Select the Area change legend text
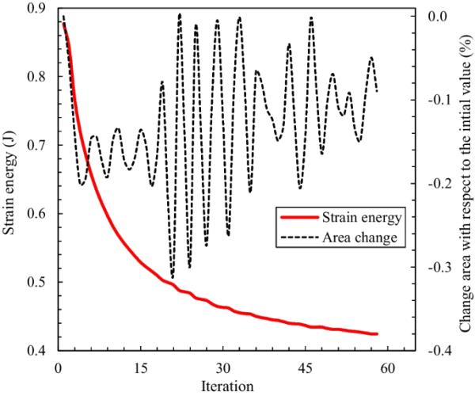click(x=348, y=236)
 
